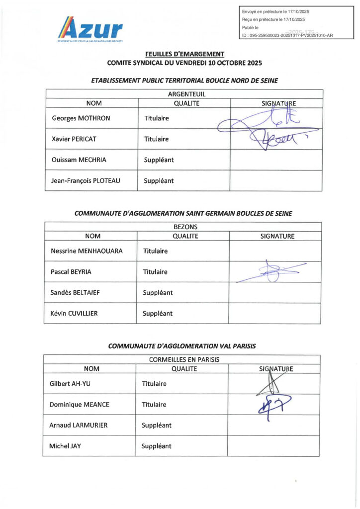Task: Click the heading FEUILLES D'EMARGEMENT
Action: tap(184, 54)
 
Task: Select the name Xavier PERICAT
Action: tap(74, 139)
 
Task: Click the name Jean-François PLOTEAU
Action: tap(86, 181)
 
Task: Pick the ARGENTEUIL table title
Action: tap(186, 94)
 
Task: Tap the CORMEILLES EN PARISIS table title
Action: tap(184, 359)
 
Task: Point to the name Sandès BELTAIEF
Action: tap(76, 293)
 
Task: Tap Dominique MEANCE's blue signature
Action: tap(272, 404)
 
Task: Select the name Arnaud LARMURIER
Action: tap(78, 425)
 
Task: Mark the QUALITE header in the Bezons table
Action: tap(184, 236)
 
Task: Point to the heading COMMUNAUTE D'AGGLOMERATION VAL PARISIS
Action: tap(182, 346)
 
